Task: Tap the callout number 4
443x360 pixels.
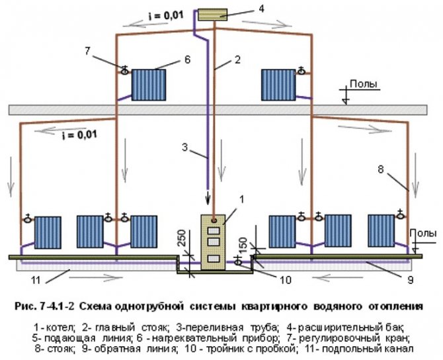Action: pyautogui.click(x=261, y=9)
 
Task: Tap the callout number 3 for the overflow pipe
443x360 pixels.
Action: pyautogui.click(x=186, y=149)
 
